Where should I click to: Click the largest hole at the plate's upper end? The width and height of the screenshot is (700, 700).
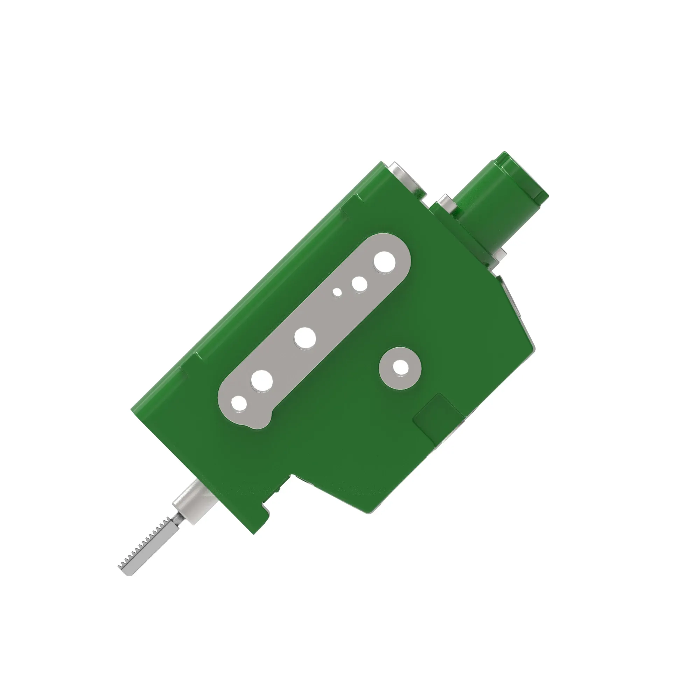[x=384, y=262]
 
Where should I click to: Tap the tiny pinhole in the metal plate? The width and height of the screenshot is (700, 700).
[x=337, y=292]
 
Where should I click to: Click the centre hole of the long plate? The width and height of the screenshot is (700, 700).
[x=305, y=337]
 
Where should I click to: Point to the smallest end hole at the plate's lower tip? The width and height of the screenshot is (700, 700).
[x=239, y=403]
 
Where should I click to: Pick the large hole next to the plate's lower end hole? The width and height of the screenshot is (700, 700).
[x=261, y=381]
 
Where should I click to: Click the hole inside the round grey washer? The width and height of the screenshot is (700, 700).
[x=400, y=368]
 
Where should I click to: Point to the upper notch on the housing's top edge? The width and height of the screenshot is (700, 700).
[x=344, y=210]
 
